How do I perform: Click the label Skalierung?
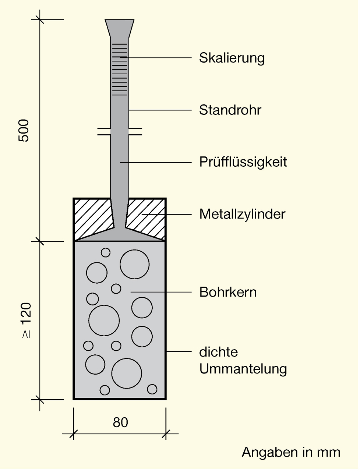coord(232,58)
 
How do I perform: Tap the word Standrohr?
coord(230,110)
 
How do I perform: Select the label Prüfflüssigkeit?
coord(243,162)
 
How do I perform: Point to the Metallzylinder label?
coord(242,214)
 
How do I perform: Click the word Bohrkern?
coord(228,292)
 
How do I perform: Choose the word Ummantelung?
coord(243,369)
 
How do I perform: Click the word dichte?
coord(219,352)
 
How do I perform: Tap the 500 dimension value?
coord(24,131)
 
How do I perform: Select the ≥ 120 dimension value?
coord(26,320)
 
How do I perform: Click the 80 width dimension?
coord(120,422)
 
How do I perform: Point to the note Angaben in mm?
coord(291,452)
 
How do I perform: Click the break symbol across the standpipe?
coord(120,132)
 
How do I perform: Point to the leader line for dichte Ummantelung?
coord(179,352)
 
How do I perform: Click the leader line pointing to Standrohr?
coord(160,110)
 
